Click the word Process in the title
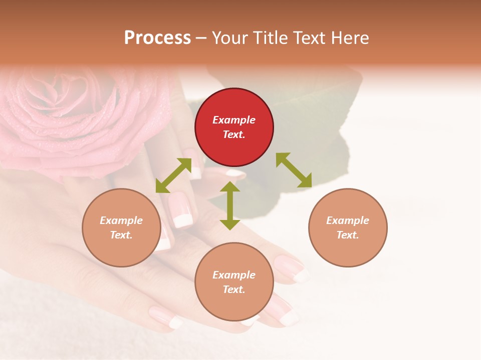point(157,38)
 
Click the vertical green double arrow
point(230,205)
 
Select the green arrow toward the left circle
point(173,175)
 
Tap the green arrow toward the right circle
point(294,170)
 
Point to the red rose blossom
point(65,110)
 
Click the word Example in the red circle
point(234,120)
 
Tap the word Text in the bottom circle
point(234,289)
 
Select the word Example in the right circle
point(348,220)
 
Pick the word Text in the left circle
point(121,235)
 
